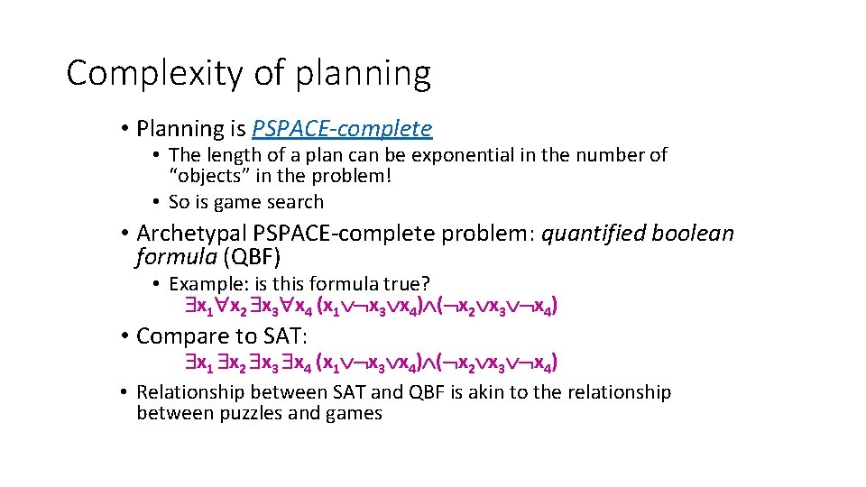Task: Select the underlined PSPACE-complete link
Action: pyautogui.click(x=342, y=129)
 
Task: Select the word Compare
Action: pyautogui.click(x=178, y=336)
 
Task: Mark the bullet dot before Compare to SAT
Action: pyautogui.click(x=124, y=336)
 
